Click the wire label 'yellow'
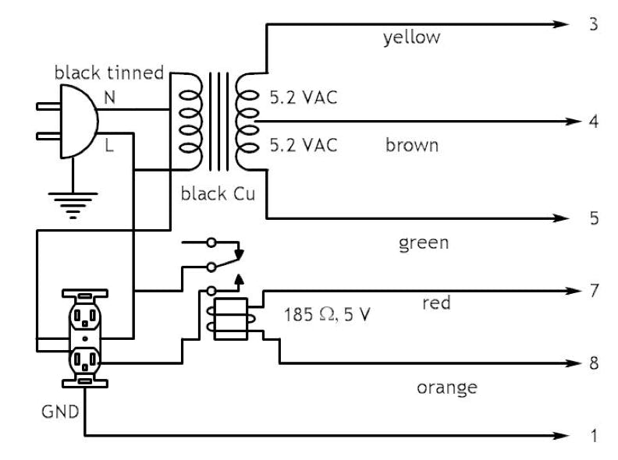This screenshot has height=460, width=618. (411, 37)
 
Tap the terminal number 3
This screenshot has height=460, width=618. (594, 24)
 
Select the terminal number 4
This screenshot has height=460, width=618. (594, 122)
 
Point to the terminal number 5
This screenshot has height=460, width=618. (594, 218)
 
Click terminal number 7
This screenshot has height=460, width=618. (594, 291)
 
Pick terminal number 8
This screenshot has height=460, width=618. (594, 364)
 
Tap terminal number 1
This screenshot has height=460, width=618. (594, 436)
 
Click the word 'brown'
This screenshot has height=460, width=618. (412, 146)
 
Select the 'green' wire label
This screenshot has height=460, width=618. (424, 242)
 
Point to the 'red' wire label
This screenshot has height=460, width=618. (435, 303)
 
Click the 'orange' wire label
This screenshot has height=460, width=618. (447, 387)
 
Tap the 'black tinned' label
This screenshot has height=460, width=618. (108, 73)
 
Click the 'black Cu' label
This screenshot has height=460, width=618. (218, 193)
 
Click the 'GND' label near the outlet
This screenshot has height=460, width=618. (60, 410)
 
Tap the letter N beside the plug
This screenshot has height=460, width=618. (109, 97)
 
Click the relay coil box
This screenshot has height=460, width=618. (230, 319)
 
